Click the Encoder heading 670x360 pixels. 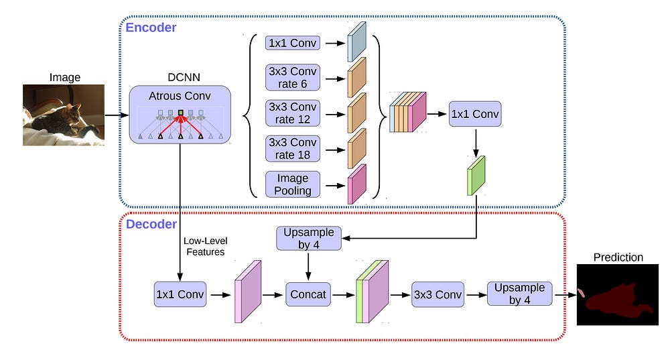click(151, 27)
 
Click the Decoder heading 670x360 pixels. click(151, 224)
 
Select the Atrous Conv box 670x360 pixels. click(180, 114)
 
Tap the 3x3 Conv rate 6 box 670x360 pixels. click(293, 77)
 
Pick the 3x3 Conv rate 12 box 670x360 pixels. click(293, 113)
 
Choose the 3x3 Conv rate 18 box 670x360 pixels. click(293, 149)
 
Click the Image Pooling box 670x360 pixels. click(293, 184)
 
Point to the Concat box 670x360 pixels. click(308, 294)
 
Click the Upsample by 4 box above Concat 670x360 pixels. click(308, 239)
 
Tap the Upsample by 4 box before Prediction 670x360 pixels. click(519, 294)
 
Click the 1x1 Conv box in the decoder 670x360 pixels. click(180, 294)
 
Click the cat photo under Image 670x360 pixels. click(64, 115)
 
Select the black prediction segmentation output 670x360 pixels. click(610, 294)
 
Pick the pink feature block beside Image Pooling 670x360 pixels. click(357, 184)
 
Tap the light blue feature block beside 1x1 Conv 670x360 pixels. click(356, 42)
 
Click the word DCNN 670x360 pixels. click(179, 78)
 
